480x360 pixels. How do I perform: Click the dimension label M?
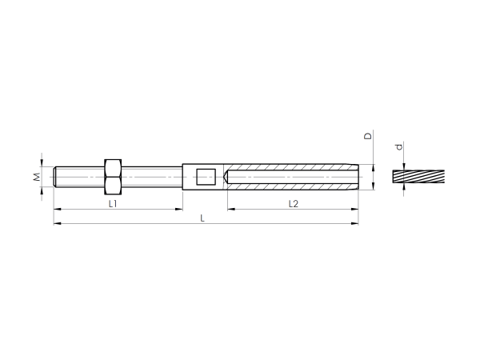pyautogui.click(x=37, y=177)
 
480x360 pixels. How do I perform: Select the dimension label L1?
pyautogui.click(x=113, y=203)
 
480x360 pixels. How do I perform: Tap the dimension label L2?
pyautogui.click(x=294, y=203)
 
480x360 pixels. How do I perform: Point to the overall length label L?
pyautogui.click(x=202, y=218)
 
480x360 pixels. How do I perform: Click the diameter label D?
pyautogui.click(x=368, y=136)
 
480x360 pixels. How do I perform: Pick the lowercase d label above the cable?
pyautogui.click(x=399, y=147)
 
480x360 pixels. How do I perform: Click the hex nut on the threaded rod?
pyautogui.click(x=113, y=177)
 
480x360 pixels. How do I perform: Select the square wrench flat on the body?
pyautogui.click(x=206, y=177)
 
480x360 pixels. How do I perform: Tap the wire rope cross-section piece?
pyautogui.click(x=418, y=177)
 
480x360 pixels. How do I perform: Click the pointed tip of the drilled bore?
pyautogui.click(x=224, y=177)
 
